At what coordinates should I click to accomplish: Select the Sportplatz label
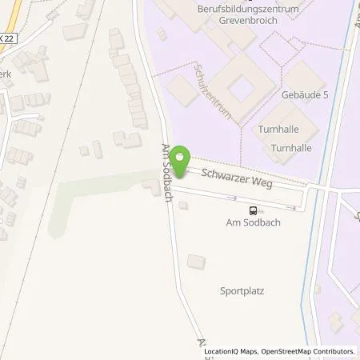[x=242, y=291]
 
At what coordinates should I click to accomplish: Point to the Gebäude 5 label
[x=304, y=94]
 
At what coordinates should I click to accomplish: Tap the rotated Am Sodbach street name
[x=168, y=173]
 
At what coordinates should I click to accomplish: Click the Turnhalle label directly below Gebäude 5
[x=278, y=129]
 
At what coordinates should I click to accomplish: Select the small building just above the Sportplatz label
[x=196, y=262]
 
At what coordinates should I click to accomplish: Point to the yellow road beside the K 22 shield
[x=12, y=28]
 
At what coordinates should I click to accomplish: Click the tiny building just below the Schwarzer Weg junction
[x=183, y=206]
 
